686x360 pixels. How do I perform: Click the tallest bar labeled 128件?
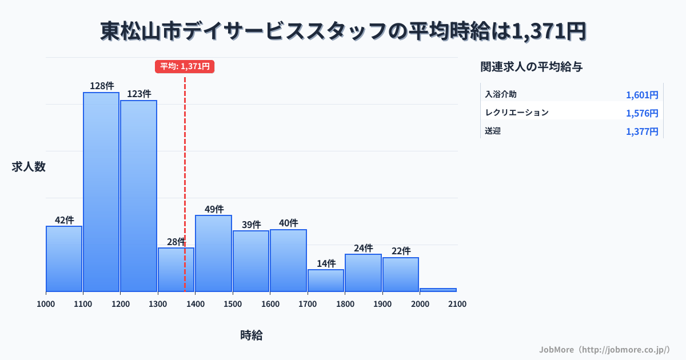click(101, 191)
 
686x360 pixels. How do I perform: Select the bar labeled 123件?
click(138, 195)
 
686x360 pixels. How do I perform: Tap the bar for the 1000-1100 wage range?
click(64, 258)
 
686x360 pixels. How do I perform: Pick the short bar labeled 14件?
click(326, 280)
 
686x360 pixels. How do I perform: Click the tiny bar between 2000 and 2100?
click(438, 290)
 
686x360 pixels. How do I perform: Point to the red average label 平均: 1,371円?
click(185, 66)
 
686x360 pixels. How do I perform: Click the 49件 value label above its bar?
click(214, 209)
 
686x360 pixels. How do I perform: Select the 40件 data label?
click(288, 223)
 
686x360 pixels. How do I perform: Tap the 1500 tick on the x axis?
click(233, 304)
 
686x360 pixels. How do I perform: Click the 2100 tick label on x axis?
click(457, 304)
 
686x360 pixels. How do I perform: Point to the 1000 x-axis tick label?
click(46, 304)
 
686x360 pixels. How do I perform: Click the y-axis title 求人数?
click(29, 167)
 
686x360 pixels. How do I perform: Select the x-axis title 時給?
click(252, 335)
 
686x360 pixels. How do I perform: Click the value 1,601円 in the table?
click(642, 95)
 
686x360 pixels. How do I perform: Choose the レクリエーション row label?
click(517, 113)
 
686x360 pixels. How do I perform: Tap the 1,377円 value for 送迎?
click(642, 131)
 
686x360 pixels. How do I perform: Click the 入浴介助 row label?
click(501, 94)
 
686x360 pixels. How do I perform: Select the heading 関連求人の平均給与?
click(532, 67)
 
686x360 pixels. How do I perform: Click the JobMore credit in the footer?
click(604, 349)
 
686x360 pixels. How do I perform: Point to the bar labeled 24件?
click(363, 273)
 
